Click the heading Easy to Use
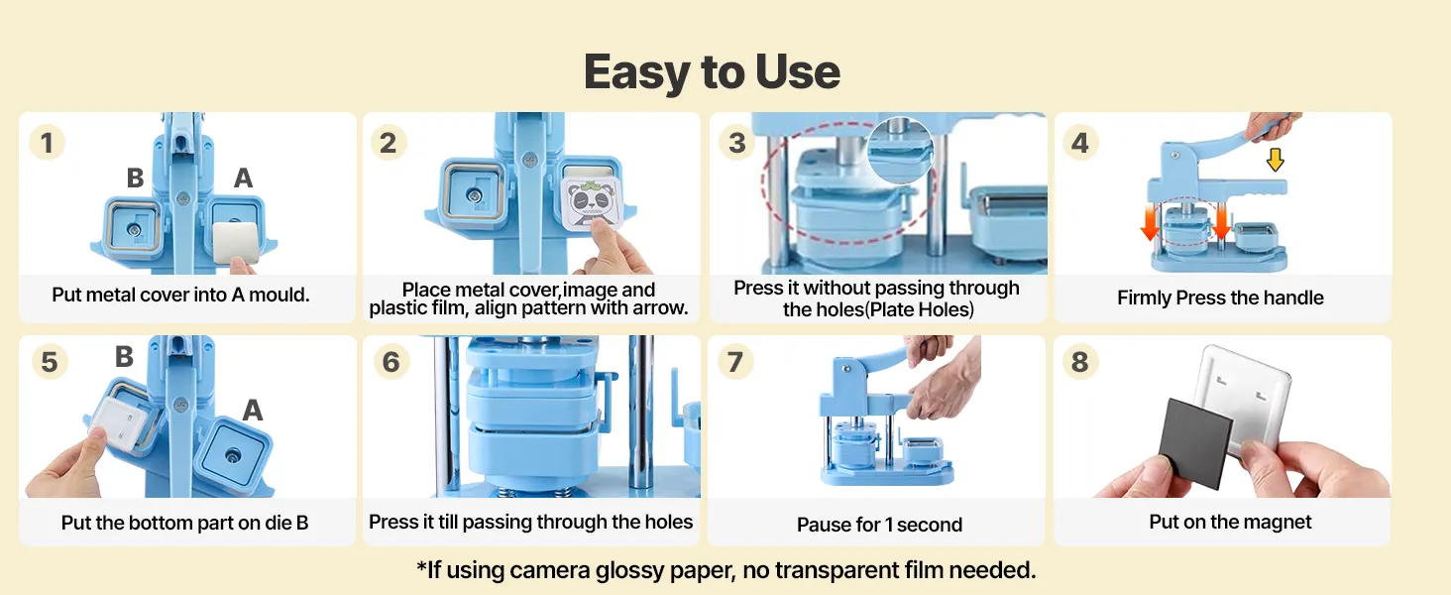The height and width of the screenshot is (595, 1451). pyautogui.click(x=712, y=72)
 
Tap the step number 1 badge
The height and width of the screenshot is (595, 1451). pyautogui.click(x=47, y=143)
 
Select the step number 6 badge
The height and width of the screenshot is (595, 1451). pyautogui.click(x=391, y=362)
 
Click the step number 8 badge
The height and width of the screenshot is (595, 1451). pyautogui.click(x=1080, y=362)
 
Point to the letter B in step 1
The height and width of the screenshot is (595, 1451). pyautogui.click(x=135, y=178)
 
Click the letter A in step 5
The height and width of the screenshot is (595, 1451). pyautogui.click(x=253, y=410)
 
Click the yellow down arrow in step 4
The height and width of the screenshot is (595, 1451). pyautogui.click(x=1276, y=160)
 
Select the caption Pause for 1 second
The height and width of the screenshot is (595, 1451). pyautogui.click(x=879, y=525)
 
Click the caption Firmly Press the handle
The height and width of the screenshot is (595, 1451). pyautogui.click(x=1220, y=297)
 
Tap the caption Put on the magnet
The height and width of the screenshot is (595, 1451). pyautogui.click(x=1230, y=522)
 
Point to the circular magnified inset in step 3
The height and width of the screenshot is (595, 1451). pyautogui.click(x=900, y=150)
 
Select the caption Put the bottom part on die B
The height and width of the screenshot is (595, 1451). pyautogui.click(x=184, y=523)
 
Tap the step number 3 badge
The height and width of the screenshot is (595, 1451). pyautogui.click(x=737, y=143)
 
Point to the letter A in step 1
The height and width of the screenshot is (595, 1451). pyautogui.click(x=244, y=178)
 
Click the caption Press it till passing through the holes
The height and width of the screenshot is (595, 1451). pyautogui.click(x=530, y=522)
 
